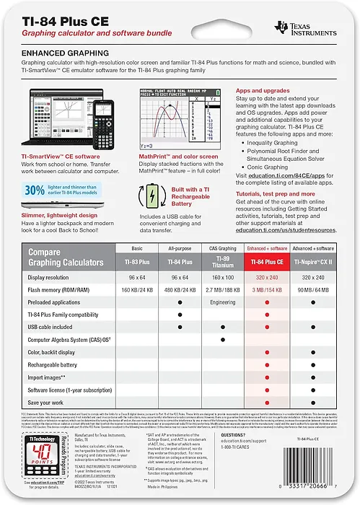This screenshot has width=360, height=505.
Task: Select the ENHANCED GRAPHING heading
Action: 65,53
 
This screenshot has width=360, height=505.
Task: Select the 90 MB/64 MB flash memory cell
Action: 312,290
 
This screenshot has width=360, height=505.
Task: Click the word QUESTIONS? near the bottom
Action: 234,436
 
